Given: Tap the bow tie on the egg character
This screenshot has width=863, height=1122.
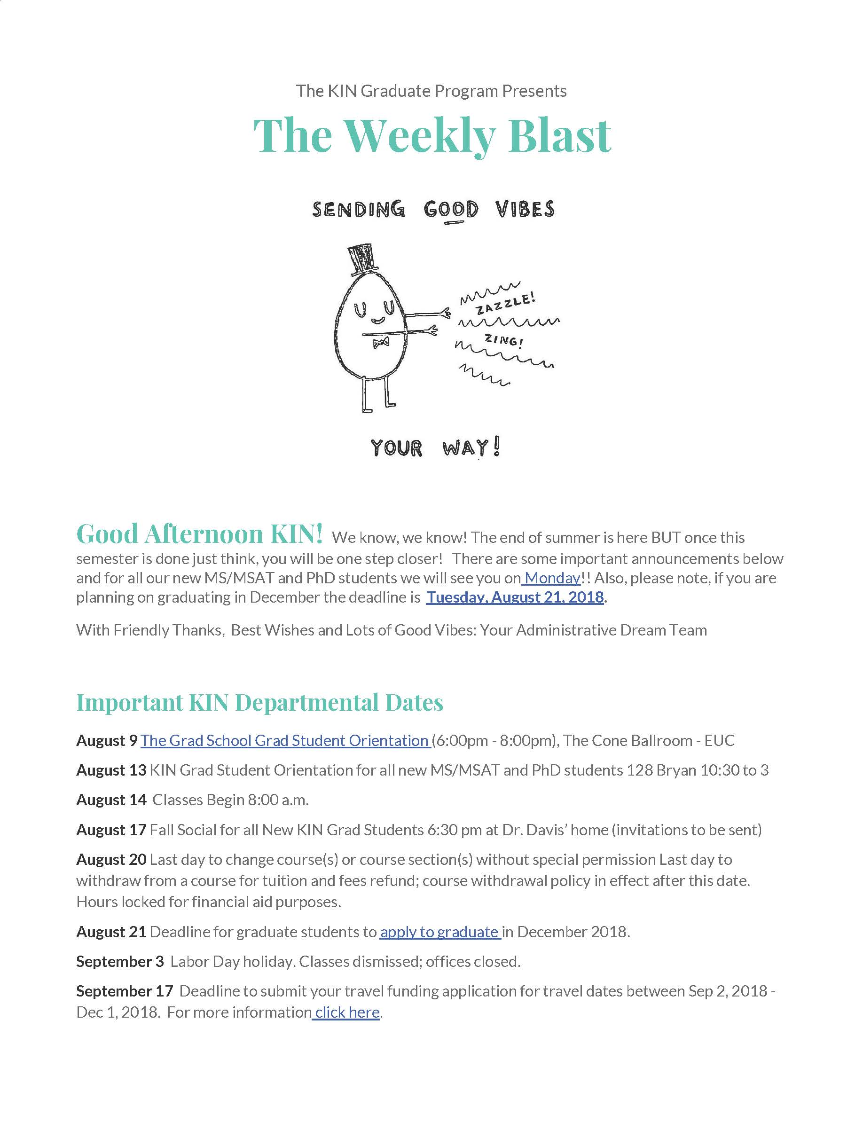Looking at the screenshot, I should pyautogui.click(x=381, y=343).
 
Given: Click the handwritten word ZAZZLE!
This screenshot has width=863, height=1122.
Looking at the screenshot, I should pyautogui.click(x=506, y=303).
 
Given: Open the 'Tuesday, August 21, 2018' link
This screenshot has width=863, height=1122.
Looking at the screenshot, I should pyautogui.click(x=515, y=597).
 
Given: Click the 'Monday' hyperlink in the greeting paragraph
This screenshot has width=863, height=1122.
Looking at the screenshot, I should pyautogui.click(x=552, y=578).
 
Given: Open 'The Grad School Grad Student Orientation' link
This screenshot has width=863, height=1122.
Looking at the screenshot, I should pyautogui.click(x=285, y=740).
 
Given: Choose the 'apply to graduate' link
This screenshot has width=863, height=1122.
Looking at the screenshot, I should pyautogui.click(x=439, y=932).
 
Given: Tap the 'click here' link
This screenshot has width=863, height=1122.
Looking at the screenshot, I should pyautogui.click(x=347, y=1012).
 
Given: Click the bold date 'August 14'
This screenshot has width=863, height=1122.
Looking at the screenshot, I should pyautogui.click(x=111, y=800).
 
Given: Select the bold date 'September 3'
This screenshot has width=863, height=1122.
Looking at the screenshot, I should pyautogui.click(x=120, y=962).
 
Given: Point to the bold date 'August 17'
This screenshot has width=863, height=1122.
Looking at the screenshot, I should pyautogui.click(x=111, y=830).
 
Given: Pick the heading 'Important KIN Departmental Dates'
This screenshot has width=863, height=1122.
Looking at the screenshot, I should pyautogui.click(x=259, y=702).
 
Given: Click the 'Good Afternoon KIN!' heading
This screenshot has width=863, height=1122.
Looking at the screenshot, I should pyautogui.click(x=199, y=534).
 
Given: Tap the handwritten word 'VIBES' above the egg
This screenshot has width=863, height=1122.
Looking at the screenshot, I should pyautogui.click(x=525, y=209).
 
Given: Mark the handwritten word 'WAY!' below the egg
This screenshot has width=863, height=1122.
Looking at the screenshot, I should pyautogui.click(x=471, y=447).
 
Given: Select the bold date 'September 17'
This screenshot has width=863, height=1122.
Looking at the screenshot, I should pyautogui.click(x=125, y=991).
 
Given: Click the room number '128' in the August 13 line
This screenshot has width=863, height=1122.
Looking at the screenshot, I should pyautogui.click(x=640, y=770).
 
